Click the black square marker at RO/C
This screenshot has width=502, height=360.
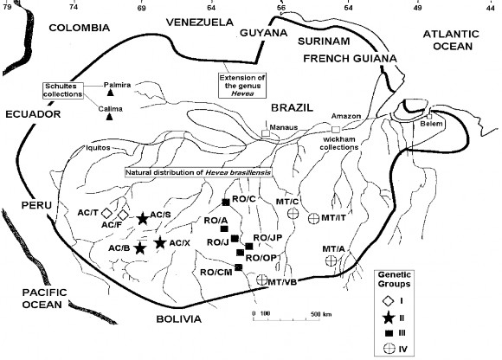tap(225, 202)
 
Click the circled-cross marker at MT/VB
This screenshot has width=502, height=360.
tap(262, 280)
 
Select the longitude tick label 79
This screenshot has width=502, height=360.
tap(8, 4)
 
